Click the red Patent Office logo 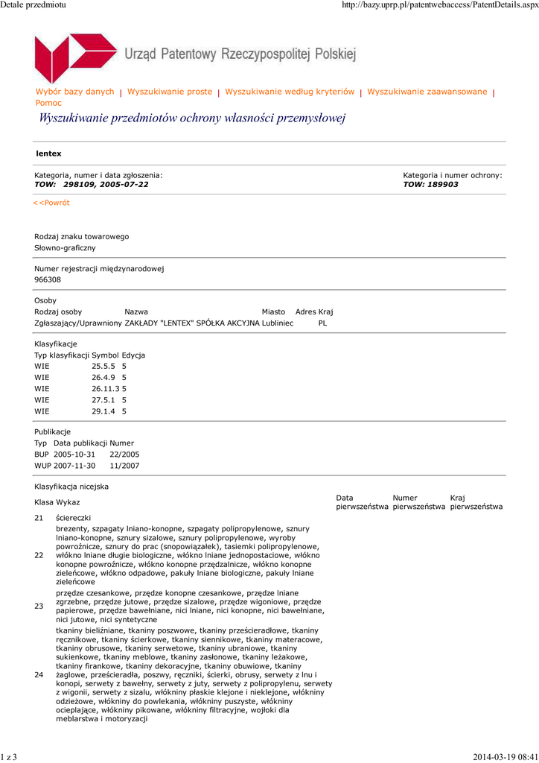(75, 57)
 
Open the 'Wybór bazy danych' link (75, 92)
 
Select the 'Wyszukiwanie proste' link (170, 92)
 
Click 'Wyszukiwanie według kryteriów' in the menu (290, 92)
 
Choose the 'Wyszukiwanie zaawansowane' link (427, 92)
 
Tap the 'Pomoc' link (49, 103)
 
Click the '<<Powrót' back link (51, 203)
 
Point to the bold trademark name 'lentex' (48, 153)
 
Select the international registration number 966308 (48, 279)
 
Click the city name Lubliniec (277, 323)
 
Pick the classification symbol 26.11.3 (106, 388)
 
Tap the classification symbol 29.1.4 (104, 411)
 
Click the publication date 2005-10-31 (75, 454)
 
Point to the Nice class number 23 (39, 607)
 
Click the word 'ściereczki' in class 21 (74, 517)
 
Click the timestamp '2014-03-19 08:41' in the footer (504, 757)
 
